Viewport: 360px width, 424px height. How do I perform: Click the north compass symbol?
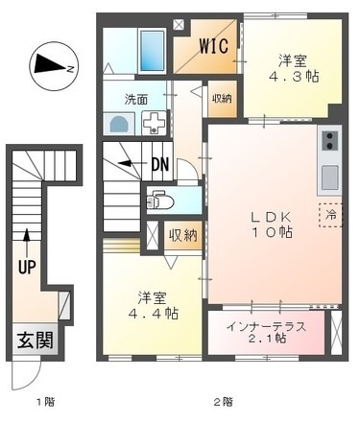(x=50, y=65)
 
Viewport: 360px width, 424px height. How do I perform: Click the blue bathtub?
(x=152, y=45)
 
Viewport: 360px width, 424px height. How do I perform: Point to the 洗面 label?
(x=136, y=99)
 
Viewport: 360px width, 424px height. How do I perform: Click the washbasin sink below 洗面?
(x=120, y=123)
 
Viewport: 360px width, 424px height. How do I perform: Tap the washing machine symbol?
(x=154, y=122)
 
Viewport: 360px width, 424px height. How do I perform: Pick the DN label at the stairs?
(x=159, y=164)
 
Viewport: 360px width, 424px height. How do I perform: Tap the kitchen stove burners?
(x=329, y=142)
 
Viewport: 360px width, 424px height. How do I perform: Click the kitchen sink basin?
(x=329, y=177)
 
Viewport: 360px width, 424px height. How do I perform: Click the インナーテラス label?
(x=267, y=325)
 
